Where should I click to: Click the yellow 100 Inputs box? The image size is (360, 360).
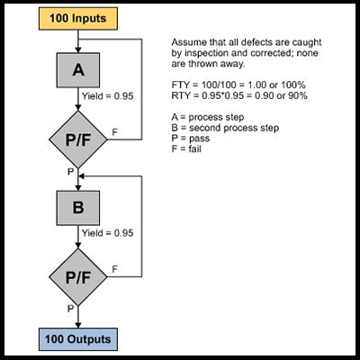[x=78, y=19]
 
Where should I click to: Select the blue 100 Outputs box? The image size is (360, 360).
[x=78, y=339]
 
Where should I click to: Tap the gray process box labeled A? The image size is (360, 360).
[x=78, y=70]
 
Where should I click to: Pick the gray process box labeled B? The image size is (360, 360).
[x=78, y=208]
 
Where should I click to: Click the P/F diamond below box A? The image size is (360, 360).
[x=78, y=139]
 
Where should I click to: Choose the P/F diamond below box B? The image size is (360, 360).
[x=78, y=277]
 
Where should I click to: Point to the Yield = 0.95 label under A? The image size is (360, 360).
[x=108, y=96]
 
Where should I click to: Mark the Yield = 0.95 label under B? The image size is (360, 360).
[x=108, y=233]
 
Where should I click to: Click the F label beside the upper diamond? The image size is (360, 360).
[x=114, y=132]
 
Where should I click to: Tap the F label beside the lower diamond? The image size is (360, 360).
[x=114, y=269]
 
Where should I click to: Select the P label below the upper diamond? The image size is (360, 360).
[x=70, y=172]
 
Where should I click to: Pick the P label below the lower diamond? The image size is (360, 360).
[x=70, y=309]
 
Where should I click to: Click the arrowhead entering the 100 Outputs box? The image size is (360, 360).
[x=78, y=325]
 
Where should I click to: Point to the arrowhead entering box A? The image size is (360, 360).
[x=78, y=50]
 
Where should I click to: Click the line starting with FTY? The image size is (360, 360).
[x=238, y=85]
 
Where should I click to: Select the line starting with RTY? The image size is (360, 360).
[x=239, y=95]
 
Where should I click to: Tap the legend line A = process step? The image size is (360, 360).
[x=208, y=117]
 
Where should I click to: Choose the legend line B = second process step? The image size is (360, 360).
[x=225, y=128]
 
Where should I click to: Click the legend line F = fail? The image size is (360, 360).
[x=186, y=148]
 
